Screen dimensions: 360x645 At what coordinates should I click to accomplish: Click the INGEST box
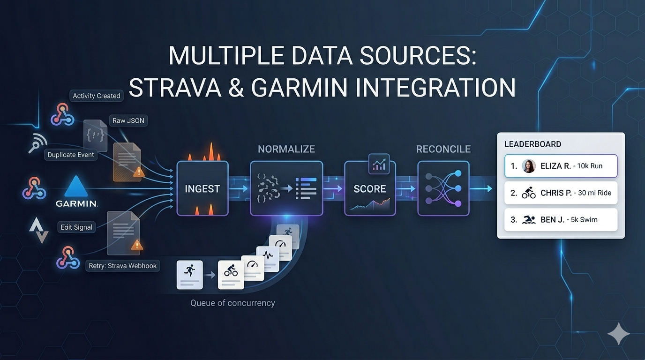pyautogui.click(x=202, y=188)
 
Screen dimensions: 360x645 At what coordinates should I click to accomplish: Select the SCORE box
pyautogui.click(x=370, y=188)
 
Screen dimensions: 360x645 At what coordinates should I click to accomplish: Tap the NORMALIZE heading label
pyautogui.click(x=286, y=149)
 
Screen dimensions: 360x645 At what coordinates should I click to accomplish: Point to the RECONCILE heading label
pyautogui.click(x=443, y=149)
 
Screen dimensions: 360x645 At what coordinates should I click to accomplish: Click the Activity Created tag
pyautogui.click(x=97, y=96)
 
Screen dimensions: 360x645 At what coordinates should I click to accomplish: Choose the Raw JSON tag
pyautogui.click(x=128, y=120)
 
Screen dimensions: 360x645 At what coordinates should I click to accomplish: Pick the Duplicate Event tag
pyautogui.click(x=71, y=155)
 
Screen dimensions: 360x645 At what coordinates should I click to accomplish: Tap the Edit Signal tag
pyautogui.click(x=77, y=227)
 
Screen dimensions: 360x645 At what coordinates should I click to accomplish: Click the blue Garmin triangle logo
pyautogui.click(x=76, y=186)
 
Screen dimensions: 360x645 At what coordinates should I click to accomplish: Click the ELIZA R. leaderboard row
pyautogui.click(x=561, y=166)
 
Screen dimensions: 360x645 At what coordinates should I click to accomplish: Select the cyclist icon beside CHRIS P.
pyautogui.click(x=529, y=193)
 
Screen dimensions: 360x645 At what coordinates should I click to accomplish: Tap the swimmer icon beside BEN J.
pyautogui.click(x=529, y=220)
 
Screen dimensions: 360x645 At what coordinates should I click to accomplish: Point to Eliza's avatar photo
pyautogui.click(x=529, y=166)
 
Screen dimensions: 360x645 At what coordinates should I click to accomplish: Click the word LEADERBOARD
pyautogui.click(x=532, y=144)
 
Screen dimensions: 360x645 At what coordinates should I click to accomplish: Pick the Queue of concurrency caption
pyautogui.click(x=232, y=303)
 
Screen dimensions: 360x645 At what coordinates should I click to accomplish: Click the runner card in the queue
pyautogui.click(x=189, y=275)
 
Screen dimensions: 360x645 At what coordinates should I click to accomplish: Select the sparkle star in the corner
pyautogui.click(x=618, y=334)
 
